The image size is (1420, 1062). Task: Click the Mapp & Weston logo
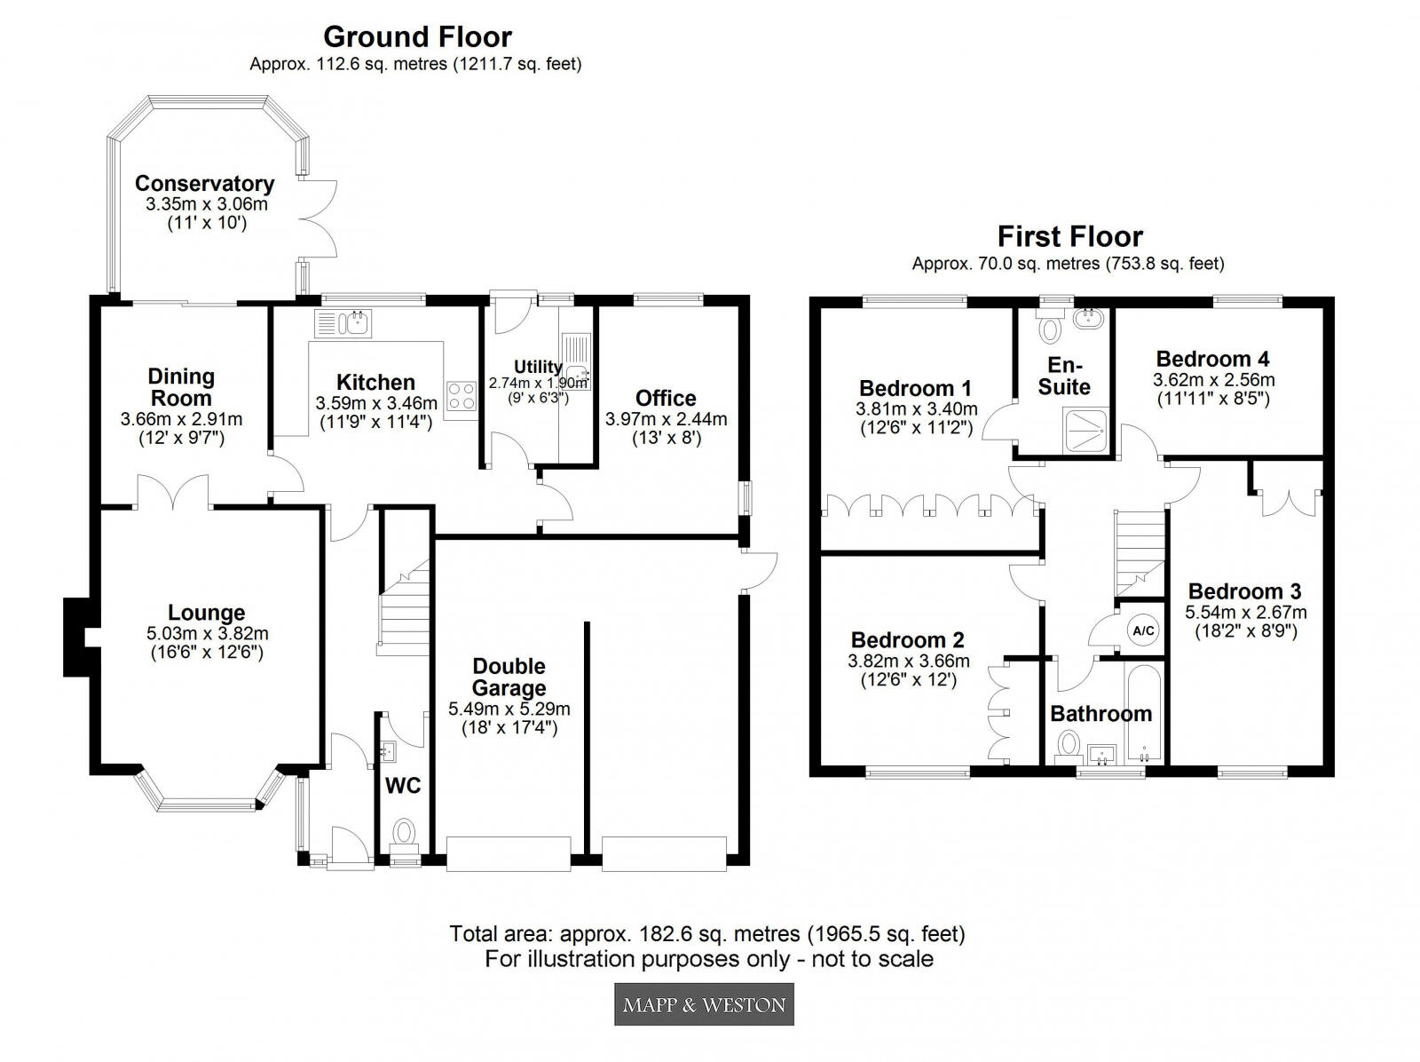704,1004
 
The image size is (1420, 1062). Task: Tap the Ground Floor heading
417,36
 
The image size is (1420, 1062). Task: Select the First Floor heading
1069,236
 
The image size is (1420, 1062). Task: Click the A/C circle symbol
1142,630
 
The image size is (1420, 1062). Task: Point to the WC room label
402,785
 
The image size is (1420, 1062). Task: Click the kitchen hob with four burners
461,396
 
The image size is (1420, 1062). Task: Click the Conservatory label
204,184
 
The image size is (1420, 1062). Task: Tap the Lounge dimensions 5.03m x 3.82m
207,634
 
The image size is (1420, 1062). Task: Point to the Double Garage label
509,677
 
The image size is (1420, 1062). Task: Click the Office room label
666,398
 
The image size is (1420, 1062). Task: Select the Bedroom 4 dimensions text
1213,389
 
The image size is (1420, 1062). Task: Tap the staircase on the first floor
1140,551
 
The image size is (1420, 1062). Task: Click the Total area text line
707,934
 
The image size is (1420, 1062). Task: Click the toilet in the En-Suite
1051,329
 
